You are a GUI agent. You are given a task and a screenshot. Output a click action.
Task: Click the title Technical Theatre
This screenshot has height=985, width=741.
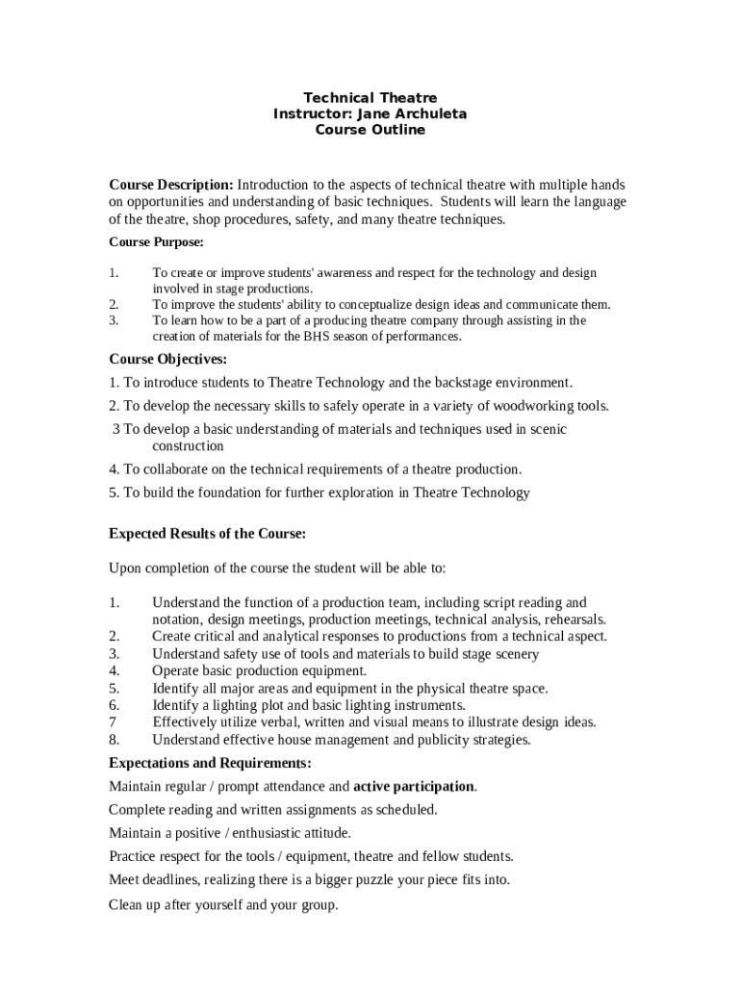pyautogui.click(x=370, y=97)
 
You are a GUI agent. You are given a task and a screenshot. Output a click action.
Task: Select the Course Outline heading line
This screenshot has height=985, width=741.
pyautogui.click(x=370, y=130)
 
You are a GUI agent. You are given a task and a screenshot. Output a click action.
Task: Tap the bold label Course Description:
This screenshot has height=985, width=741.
pyautogui.click(x=170, y=184)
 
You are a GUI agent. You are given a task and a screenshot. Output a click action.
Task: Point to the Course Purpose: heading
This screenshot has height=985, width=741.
pyautogui.click(x=156, y=242)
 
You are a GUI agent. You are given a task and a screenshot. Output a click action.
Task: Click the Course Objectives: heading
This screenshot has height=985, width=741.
pyautogui.click(x=167, y=359)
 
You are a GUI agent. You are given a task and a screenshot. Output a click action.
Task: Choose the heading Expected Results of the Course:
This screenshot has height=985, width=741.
pyautogui.click(x=207, y=533)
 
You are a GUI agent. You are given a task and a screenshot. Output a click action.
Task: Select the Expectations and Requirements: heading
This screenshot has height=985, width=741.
pyautogui.click(x=210, y=763)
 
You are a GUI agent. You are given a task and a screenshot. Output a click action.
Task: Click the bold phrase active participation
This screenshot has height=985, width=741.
pyautogui.click(x=414, y=786)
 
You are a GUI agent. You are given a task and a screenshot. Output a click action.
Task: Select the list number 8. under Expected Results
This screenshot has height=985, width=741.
pyautogui.click(x=115, y=740)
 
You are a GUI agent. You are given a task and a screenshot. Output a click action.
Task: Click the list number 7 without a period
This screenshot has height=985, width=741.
pyautogui.click(x=113, y=722)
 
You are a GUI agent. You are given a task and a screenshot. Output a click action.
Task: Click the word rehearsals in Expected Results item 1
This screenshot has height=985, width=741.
pyautogui.click(x=575, y=619)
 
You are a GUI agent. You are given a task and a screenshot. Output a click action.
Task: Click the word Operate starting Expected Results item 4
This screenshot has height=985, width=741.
pyautogui.click(x=177, y=670)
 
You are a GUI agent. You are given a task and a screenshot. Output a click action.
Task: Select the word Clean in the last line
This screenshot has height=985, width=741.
pyautogui.click(x=126, y=904)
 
